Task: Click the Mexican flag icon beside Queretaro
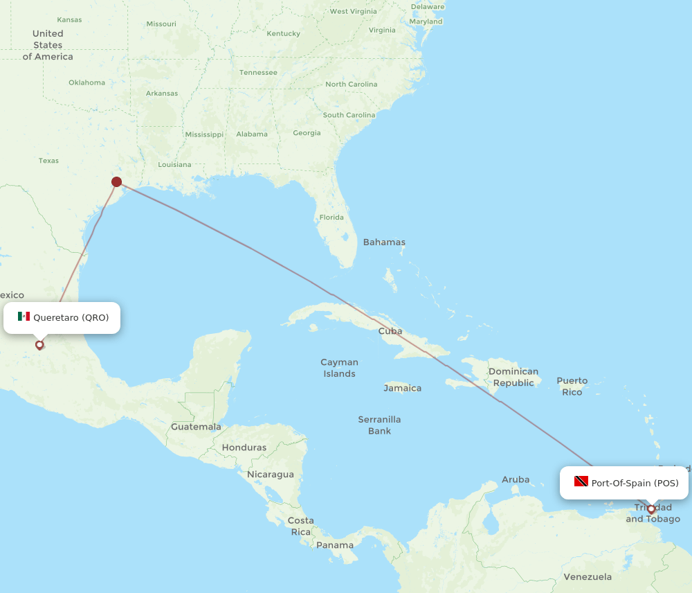coord(24,317)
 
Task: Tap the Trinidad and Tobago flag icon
coord(581,481)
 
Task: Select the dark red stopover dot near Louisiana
coord(117,182)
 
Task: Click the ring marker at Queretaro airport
coord(39,344)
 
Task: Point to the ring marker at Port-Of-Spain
coord(651,509)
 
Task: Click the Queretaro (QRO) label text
coord(71,317)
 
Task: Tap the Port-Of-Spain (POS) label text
coord(635,483)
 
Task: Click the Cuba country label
coord(390,331)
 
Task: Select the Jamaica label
coord(403,388)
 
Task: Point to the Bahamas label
coord(384,242)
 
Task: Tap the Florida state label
coord(331,218)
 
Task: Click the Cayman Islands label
coord(339,368)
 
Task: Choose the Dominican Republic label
coord(513,377)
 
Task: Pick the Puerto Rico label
coord(572,386)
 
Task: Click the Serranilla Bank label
coord(379,425)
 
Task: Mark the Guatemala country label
coord(196,427)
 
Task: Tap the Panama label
coord(335,545)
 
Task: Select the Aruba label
coord(516,479)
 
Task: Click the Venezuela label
coord(588,576)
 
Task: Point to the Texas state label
coord(48,161)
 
